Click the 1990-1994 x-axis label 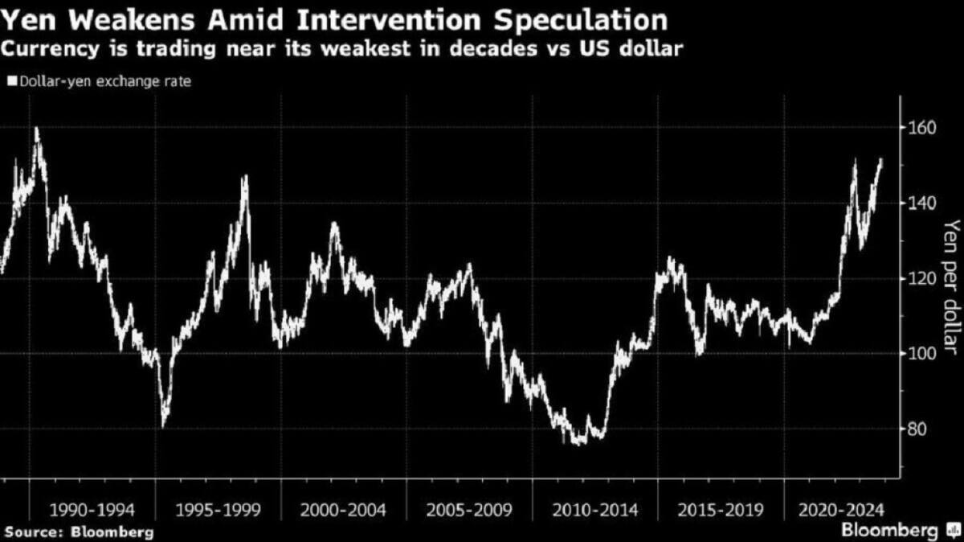[91, 510]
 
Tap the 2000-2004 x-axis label [342, 510]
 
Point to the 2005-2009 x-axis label [468, 510]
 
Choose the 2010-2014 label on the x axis [594, 510]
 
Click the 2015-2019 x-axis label [720, 510]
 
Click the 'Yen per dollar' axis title [951, 285]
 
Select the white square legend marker [12, 81]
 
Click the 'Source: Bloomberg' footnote [77, 532]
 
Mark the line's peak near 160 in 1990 [36, 128]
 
